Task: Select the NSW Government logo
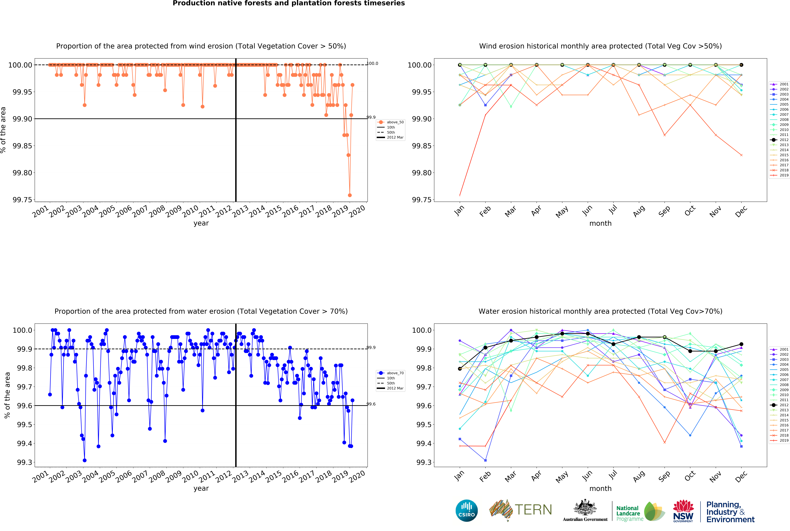tap(683, 511)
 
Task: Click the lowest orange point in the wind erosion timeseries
tap(350, 195)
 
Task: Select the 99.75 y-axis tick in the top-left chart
tap(22, 200)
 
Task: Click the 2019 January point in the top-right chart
tap(460, 195)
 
